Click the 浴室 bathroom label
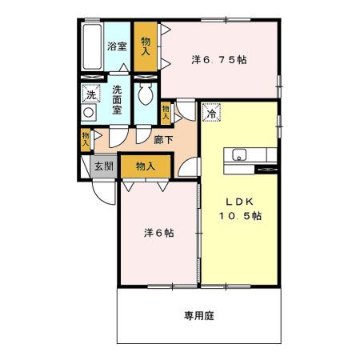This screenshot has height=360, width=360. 118,46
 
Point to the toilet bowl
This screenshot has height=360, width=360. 146,97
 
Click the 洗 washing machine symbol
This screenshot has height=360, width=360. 90,94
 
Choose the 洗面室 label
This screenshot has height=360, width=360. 118,100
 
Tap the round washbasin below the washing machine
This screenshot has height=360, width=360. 88,114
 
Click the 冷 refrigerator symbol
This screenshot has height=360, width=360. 212,114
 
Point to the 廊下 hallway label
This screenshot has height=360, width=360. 162,138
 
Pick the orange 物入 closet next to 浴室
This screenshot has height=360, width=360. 146,47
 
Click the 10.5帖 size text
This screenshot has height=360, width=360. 242,215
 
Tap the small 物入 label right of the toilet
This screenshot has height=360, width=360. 166,113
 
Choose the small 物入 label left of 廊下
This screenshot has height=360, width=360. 86,140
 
